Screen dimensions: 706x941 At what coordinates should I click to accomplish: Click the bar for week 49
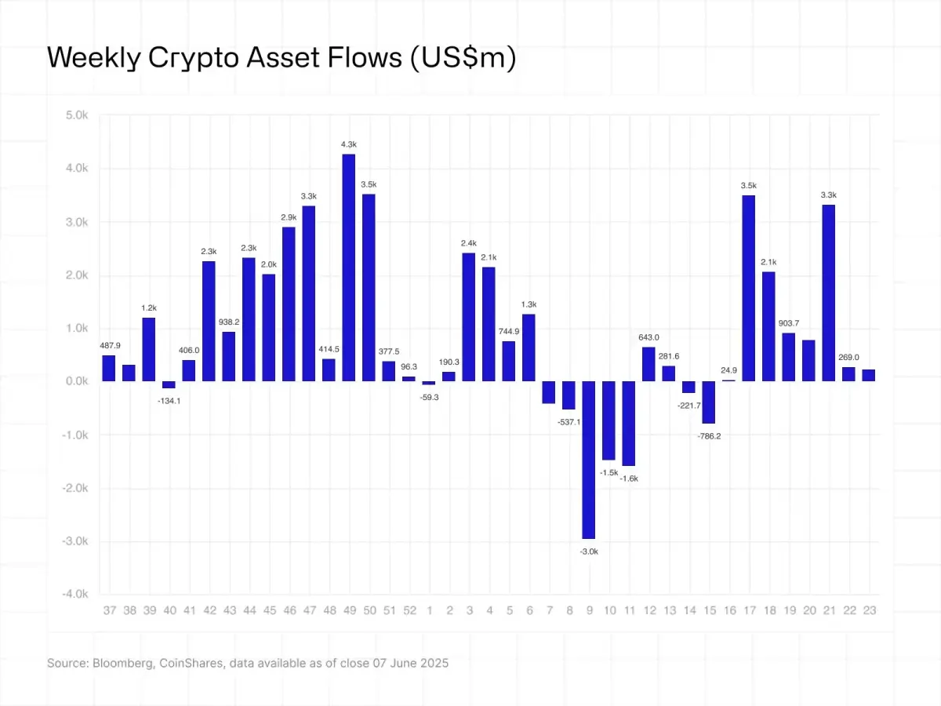pos(349,267)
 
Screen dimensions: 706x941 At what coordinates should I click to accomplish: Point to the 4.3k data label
pos(349,144)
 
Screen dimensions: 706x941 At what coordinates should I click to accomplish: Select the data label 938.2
pos(229,322)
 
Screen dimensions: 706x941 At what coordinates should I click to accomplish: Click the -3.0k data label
pos(588,551)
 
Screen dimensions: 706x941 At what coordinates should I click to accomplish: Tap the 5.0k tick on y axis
pos(77,115)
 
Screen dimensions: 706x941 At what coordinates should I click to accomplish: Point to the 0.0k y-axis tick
pos(77,381)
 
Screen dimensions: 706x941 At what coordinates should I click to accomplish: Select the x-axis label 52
pos(409,610)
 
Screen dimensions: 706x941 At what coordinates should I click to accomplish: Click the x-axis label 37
pos(109,610)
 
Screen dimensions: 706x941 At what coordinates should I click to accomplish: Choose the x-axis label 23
pos(869,610)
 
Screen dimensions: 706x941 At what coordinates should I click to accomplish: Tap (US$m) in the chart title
pos(463,59)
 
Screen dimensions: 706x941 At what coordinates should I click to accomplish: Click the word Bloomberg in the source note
pos(120,663)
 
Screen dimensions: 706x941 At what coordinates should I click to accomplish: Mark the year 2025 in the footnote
pos(433,663)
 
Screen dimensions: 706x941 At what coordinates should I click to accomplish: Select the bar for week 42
pos(209,321)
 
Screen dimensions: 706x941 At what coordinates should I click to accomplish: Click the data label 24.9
pos(728,369)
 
